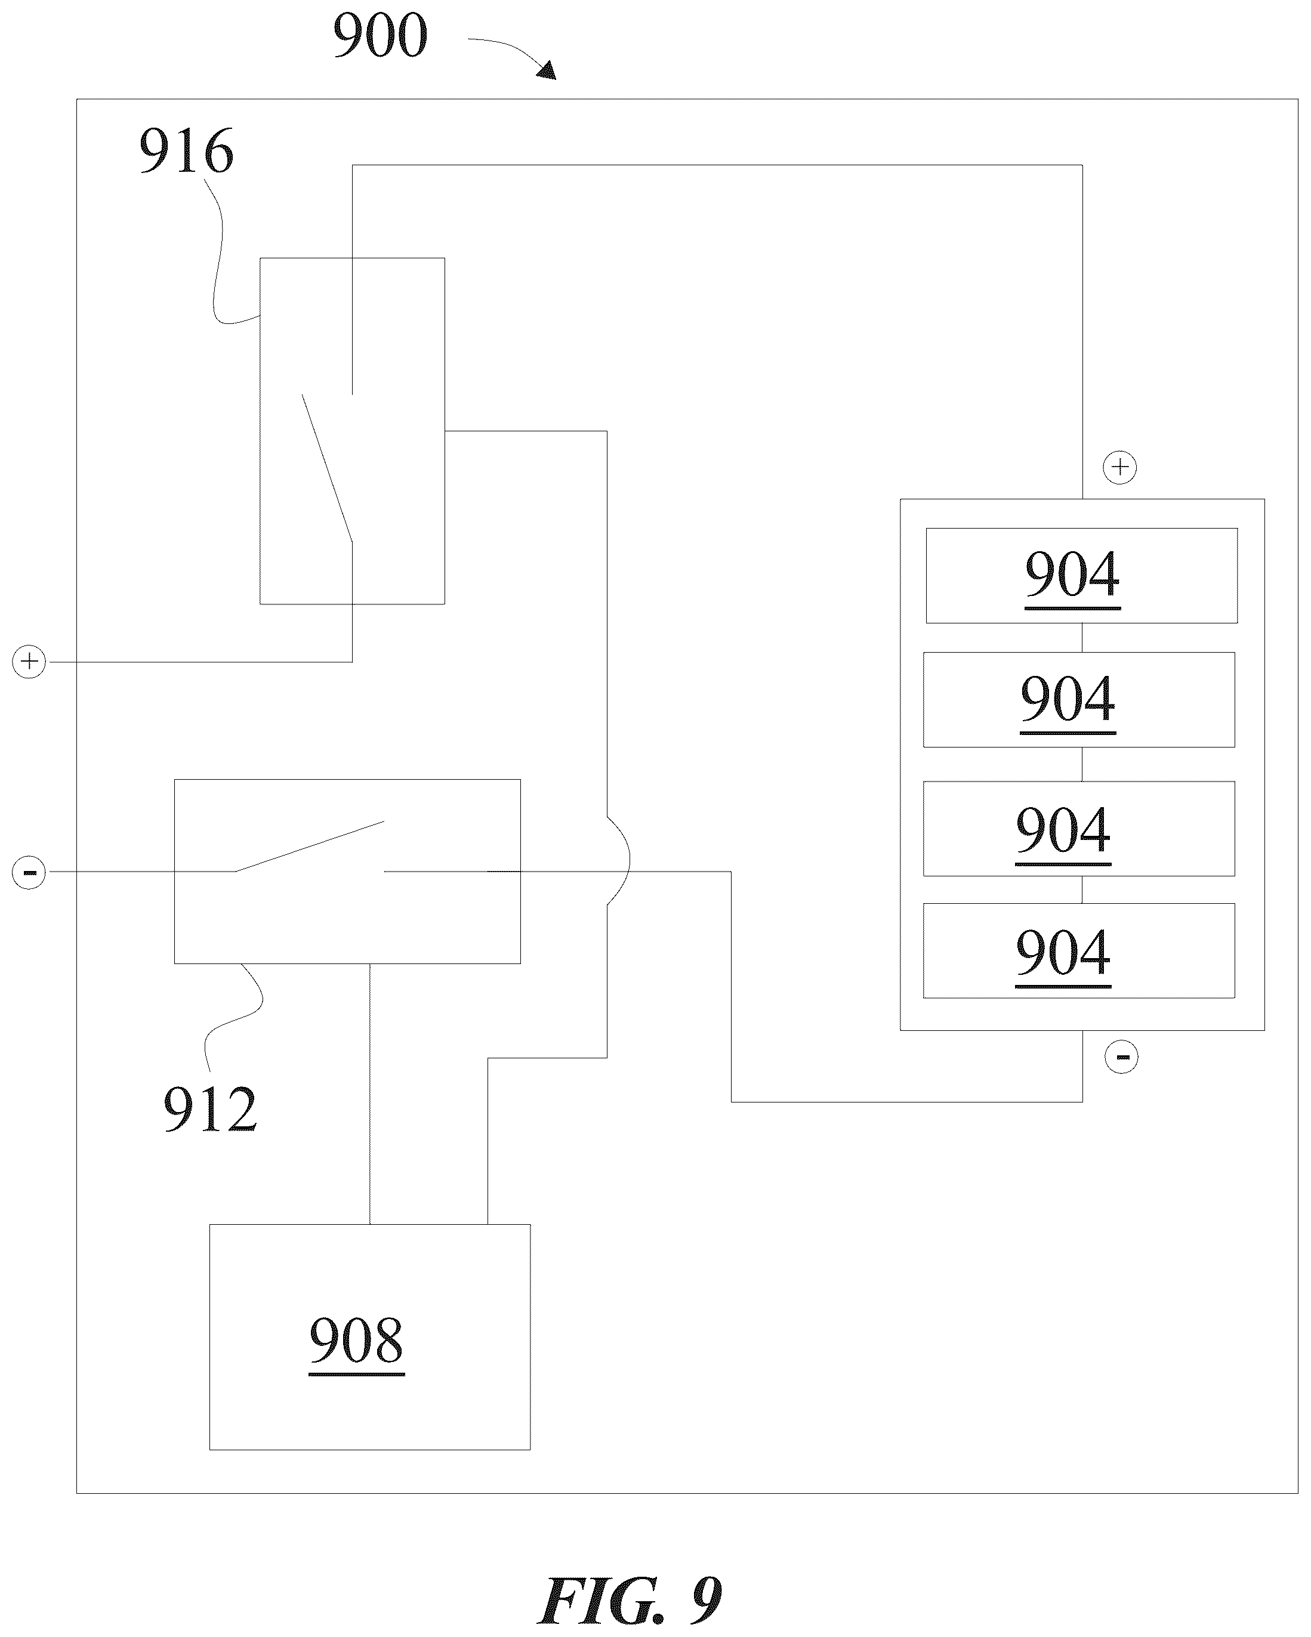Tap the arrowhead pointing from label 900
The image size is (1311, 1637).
tap(547, 72)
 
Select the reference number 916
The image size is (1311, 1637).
tap(186, 151)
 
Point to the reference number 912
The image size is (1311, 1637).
tap(211, 1110)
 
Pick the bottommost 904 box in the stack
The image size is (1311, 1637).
tap(1078, 950)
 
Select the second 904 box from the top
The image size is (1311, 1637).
tap(1078, 699)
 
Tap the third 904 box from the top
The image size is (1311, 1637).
tap(1078, 829)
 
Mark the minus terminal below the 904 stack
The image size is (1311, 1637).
tap(1121, 1057)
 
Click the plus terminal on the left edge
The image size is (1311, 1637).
tap(29, 662)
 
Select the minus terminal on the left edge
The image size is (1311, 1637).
tap(29, 872)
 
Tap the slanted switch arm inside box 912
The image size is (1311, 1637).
tap(309, 846)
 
